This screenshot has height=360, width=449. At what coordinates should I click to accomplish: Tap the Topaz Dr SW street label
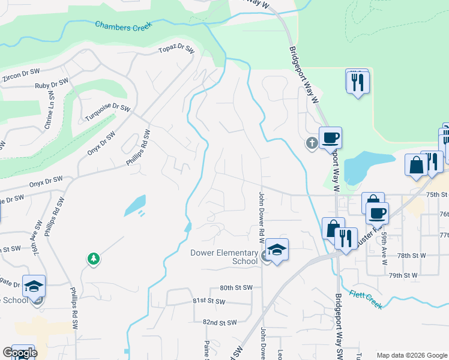[x=176, y=50]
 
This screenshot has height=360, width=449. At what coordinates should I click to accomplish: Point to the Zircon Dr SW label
[x=20, y=75]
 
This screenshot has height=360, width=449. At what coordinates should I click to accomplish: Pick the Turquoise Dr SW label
[x=107, y=112]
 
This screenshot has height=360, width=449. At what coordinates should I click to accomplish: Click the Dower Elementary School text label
[x=224, y=257]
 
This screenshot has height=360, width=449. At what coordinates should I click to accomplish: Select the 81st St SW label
[x=207, y=300]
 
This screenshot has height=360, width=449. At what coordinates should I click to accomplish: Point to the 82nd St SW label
[x=220, y=323]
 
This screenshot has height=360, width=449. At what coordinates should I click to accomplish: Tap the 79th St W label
[x=403, y=275]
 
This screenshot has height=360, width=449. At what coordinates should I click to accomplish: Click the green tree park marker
[x=93, y=259]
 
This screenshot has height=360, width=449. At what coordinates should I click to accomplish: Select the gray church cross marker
[x=311, y=143]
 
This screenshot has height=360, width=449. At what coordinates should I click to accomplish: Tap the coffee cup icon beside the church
[x=330, y=138]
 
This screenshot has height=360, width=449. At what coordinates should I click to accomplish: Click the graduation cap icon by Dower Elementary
[x=277, y=249]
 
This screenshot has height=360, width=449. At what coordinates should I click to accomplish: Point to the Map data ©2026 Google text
[x=412, y=355]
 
